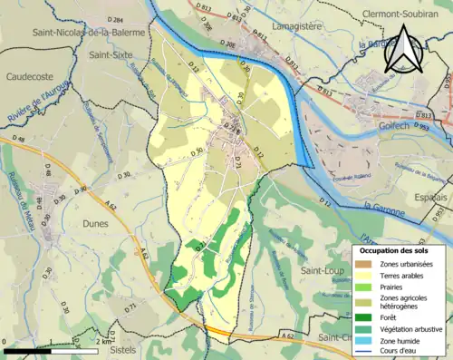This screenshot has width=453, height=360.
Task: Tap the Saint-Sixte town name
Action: click(x=113, y=54)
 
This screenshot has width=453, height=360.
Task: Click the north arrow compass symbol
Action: click(x=405, y=47)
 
